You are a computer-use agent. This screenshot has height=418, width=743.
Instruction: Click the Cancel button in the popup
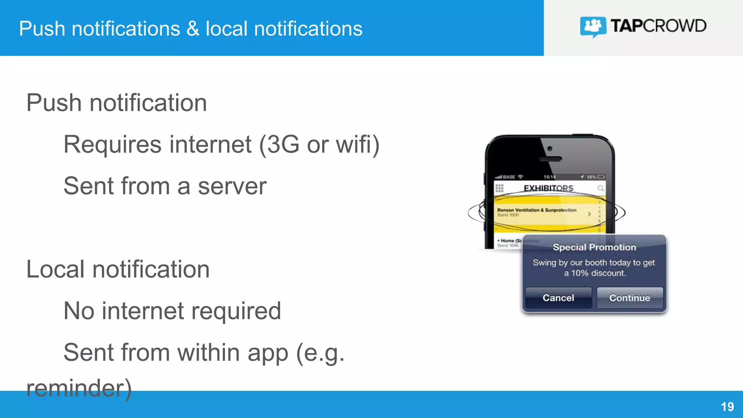558,298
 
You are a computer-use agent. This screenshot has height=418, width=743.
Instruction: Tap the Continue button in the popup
629,298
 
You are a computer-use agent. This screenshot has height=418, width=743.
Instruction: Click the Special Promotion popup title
594,247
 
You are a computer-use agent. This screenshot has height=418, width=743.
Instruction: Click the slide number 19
727,407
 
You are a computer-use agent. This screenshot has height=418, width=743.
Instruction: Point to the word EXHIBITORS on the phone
548,188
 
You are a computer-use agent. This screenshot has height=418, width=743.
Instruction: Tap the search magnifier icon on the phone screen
600,188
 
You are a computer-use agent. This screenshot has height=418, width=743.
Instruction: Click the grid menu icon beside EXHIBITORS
500,188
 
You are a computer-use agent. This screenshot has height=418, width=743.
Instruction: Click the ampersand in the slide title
193,29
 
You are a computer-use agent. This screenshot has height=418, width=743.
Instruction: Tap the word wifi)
358,144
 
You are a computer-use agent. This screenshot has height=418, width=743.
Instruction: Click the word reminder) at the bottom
79,388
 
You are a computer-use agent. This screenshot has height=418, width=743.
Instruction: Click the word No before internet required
79,311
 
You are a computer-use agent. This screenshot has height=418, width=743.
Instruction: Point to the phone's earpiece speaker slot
550,159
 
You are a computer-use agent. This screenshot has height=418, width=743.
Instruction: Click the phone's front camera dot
550,148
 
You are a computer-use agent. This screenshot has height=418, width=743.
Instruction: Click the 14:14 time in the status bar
549,177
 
